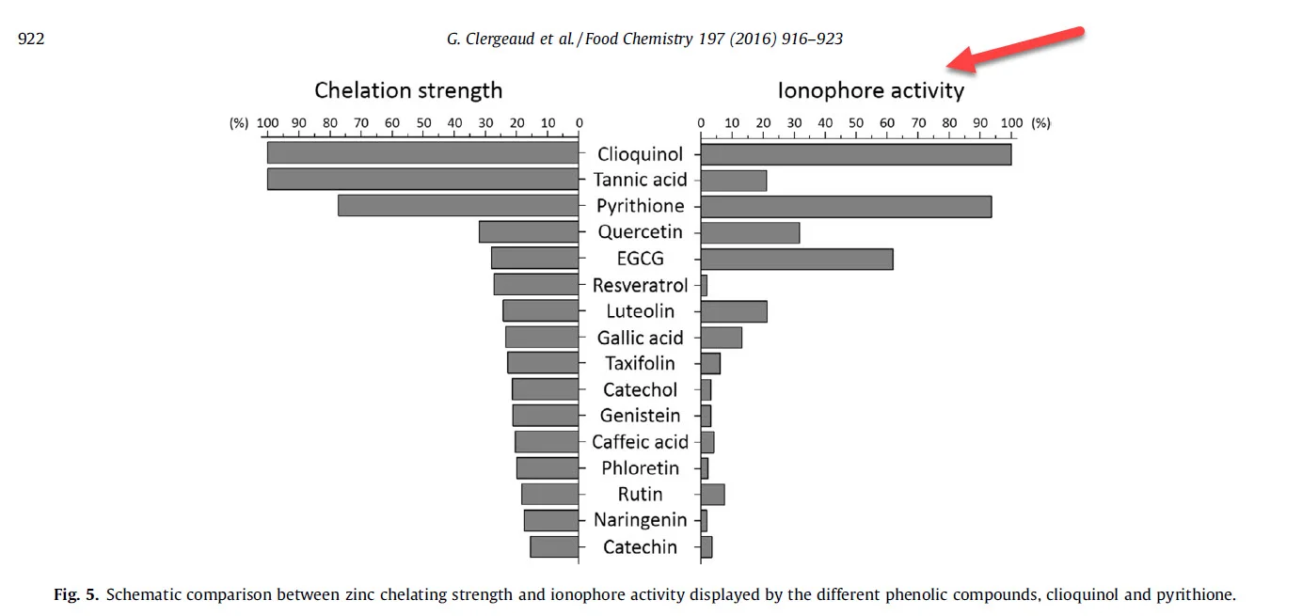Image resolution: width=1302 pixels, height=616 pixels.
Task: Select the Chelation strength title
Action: point(408,90)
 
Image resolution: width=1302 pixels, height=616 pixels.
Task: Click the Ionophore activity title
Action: point(870,90)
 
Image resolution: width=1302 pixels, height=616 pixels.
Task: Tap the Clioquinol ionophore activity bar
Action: point(856,154)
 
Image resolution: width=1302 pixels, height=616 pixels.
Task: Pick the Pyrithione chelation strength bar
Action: point(458,206)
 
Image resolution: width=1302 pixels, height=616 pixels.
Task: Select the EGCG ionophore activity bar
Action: point(797,259)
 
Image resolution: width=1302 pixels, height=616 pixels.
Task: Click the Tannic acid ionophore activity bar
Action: point(734,181)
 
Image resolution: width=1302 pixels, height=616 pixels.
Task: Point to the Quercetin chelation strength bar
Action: point(529,232)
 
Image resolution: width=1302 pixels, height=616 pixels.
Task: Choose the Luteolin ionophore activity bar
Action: point(734,311)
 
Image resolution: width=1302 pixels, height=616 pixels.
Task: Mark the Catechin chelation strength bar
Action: point(554,547)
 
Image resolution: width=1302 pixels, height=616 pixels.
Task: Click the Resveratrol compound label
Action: point(640,285)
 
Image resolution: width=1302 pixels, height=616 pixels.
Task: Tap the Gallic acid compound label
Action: point(640,338)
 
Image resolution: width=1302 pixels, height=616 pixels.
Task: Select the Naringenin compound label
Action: point(640,520)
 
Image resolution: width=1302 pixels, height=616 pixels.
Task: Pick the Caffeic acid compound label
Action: point(640,442)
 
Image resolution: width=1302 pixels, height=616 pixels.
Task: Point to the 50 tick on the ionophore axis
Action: point(856,122)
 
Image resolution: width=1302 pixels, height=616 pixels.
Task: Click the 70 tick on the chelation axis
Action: point(361,122)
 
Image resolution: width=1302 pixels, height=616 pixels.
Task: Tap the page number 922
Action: point(31,39)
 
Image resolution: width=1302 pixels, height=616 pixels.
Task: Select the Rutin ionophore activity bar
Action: point(712,495)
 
